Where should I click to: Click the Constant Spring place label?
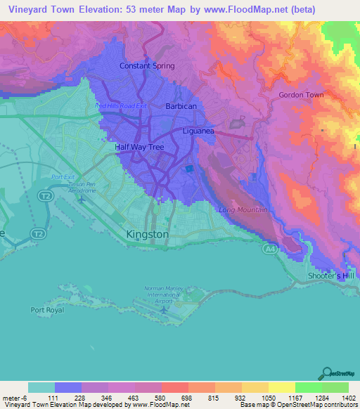tap(146, 66)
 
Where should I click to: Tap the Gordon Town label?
tap(301, 95)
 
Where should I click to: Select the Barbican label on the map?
tap(181, 106)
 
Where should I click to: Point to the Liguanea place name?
tap(202, 131)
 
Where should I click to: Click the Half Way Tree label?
tap(139, 148)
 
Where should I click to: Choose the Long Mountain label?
tap(243, 210)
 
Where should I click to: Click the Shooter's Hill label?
tap(332, 276)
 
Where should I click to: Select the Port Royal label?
tap(48, 309)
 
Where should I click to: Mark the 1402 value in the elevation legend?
tap(349, 398)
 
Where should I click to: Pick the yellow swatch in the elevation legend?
tap(281, 387)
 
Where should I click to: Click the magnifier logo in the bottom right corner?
tap(327, 374)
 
